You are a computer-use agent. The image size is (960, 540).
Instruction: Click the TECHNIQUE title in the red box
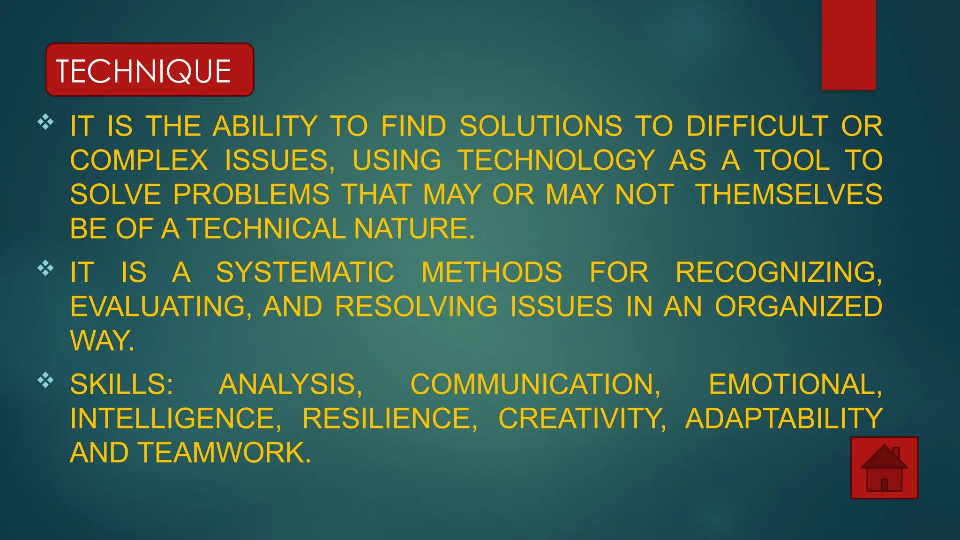click(x=143, y=71)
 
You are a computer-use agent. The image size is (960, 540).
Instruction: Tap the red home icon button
click(x=884, y=468)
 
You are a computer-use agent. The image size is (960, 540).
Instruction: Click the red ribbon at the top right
click(x=848, y=45)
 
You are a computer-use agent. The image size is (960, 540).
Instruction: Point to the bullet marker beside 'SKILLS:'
click(x=45, y=380)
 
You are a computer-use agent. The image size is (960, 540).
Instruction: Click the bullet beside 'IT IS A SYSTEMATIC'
click(x=45, y=268)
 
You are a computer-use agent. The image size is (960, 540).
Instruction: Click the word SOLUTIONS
click(x=541, y=126)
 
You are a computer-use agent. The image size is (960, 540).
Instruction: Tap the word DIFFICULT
click(x=757, y=126)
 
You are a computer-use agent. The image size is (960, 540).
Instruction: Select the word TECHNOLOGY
click(x=556, y=160)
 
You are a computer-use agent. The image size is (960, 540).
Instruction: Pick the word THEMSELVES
click(x=788, y=195)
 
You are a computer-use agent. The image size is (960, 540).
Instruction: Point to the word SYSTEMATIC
click(x=305, y=272)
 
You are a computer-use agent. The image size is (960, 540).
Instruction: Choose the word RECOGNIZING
click(x=778, y=272)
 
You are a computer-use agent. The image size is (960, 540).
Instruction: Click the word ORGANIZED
click(x=798, y=307)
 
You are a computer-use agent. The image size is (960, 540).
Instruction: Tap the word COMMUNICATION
click(x=535, y=384)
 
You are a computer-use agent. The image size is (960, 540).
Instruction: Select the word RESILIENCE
click(x=390, y=419)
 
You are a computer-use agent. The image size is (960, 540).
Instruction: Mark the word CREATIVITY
click(x=582, y=419)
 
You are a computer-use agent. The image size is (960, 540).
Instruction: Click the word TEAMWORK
click(x=224, y=453)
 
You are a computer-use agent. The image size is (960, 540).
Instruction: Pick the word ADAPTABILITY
click(x=784, y=419)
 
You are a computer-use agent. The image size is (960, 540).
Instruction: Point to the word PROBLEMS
click(x=251, y=195)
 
